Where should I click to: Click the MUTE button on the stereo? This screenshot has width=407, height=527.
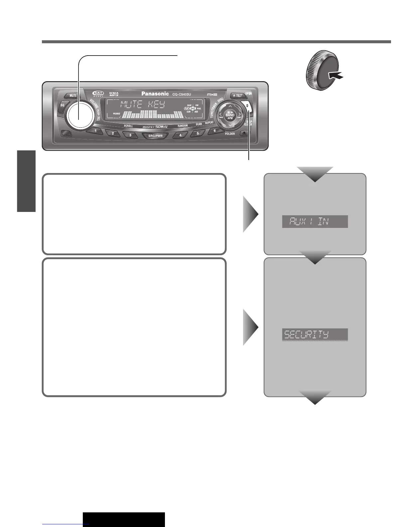click(73, 95)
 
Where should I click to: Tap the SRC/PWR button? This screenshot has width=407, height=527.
click(155, 136)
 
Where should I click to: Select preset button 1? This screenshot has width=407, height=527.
click(96, 131)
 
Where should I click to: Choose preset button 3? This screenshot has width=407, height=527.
click(130, 135)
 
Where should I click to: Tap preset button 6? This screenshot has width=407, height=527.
click(214, 131)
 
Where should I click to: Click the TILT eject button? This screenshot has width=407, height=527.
click(237, 95)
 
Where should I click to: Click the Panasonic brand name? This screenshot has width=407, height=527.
click(155, 94)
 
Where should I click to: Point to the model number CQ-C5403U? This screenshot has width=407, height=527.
click(182, 94)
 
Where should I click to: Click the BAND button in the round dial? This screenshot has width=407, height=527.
click(230, 115)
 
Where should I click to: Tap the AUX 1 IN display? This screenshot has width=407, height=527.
click(315, 222)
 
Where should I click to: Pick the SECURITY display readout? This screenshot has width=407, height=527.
click(315, 334)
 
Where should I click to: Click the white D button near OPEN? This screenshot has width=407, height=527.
click(248, 106)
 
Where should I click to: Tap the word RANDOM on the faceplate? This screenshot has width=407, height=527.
click(183, 126)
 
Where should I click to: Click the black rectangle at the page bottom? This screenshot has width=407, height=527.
click(124, 519)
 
